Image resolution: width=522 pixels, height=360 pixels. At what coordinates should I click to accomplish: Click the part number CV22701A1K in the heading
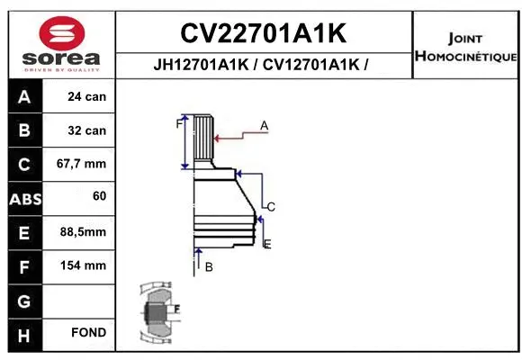point(263,33)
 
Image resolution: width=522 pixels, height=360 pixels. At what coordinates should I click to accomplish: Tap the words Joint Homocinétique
point(464,47)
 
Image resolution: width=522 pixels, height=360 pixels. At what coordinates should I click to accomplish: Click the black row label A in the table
point(24,96)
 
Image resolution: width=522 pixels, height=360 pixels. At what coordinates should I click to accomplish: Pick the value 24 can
point(87,96)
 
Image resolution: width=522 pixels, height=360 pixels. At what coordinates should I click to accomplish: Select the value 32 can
point(87,130)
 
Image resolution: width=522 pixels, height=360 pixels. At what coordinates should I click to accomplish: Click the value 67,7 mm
point(83,164)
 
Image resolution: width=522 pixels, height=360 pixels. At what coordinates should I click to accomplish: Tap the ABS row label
point(24,198)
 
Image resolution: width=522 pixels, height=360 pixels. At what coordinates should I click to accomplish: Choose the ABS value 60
point(99,195)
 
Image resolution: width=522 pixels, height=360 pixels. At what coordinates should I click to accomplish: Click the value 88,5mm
point(83,232)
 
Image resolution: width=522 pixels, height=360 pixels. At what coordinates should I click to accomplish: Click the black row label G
point(24,300)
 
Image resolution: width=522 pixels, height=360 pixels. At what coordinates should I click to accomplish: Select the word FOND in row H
point(89,333)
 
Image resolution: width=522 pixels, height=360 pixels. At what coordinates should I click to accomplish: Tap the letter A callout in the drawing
point(265,125)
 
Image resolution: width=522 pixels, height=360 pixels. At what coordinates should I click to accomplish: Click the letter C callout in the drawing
point(270,207)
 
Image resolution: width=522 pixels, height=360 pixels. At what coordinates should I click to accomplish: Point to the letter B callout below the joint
point(208,266)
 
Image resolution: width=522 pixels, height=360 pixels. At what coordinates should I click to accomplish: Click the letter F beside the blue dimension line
point(178,125)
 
